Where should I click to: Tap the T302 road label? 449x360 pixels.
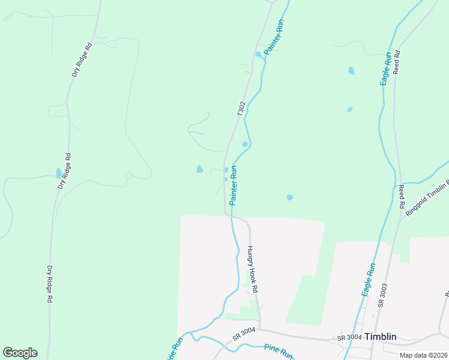pyautogui.click(x=241, y=109)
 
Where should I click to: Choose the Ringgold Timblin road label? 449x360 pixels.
pyautogui.click(x=427, y=198)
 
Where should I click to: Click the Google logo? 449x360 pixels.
pyautogui.click(x=20, y=353)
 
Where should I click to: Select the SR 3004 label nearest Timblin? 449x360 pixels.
pyautogui.click(x=349, y=337)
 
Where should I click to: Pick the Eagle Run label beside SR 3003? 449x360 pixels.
pyautogui.click(x=369, y=279)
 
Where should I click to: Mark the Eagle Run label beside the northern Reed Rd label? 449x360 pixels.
pyautogui.click(x=387, y=69)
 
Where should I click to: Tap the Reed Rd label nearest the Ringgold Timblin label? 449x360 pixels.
pyautogui.click(x=401, y=197)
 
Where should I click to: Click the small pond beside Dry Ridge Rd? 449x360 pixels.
pyautogui.click(x=59, y=173)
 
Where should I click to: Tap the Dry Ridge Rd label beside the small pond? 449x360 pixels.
pyautogui.click(x=65, y=171)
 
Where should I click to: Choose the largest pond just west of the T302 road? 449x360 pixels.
pyautogui.click(x=200, y=169)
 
